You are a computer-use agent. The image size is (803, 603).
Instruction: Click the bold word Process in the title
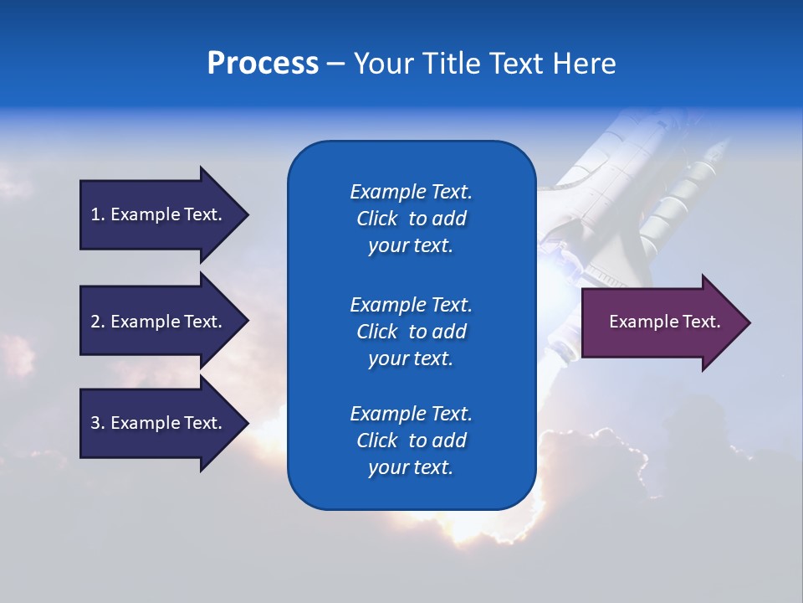click(263, 64)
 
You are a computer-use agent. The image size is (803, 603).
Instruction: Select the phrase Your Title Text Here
click(484, 64)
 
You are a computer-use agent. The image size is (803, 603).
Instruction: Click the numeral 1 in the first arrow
click(95, 214)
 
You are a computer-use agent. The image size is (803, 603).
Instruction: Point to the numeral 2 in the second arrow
click(95, 322)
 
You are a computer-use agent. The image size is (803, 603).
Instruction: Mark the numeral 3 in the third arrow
click(95, 423)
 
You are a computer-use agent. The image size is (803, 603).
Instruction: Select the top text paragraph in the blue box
click(411, 219)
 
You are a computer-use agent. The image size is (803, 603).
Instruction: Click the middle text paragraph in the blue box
click(411, 332)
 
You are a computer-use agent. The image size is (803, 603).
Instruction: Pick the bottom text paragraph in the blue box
click(411, 441)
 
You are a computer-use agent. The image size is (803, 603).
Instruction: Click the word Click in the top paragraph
click(376, 219)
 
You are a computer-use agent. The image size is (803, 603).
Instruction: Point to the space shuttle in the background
click(636, 201)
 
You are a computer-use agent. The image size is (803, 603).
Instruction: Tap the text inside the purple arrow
click(665, 322)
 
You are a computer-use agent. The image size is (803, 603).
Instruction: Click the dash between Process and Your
click(335, 64)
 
